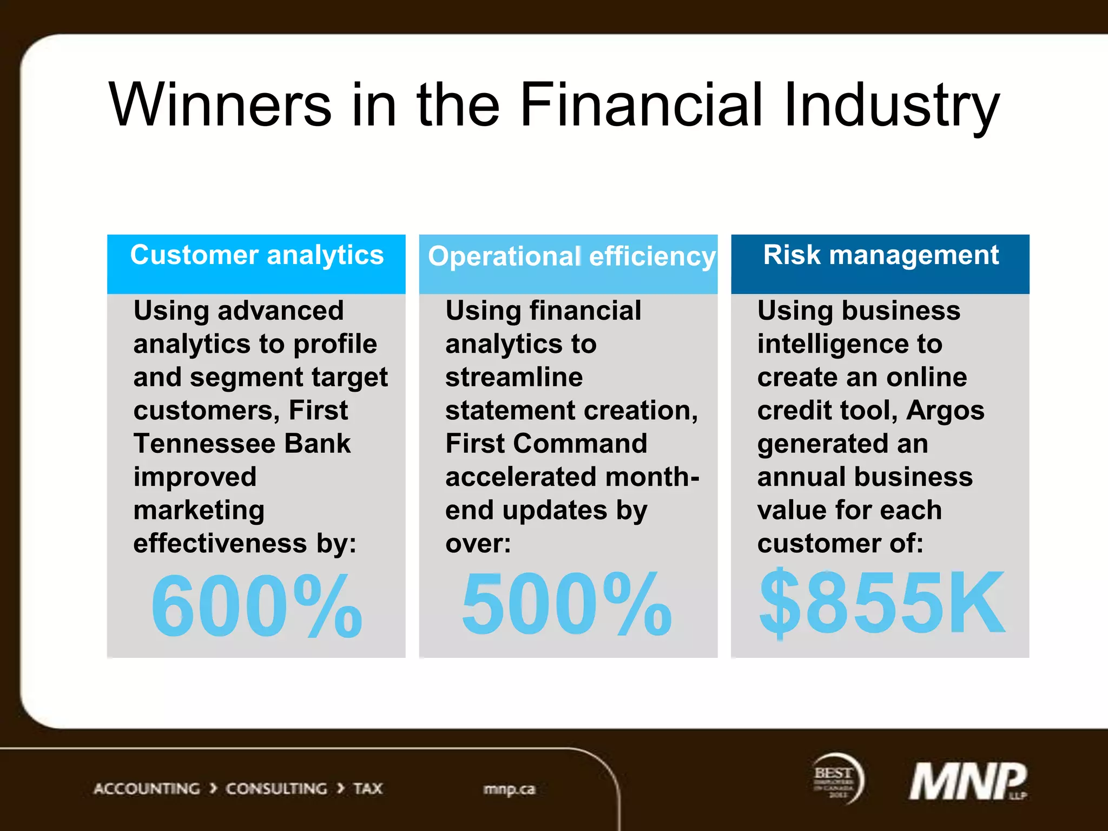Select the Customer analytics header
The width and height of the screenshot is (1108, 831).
coord(256,255)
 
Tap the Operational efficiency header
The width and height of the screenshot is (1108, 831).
coord(571,256)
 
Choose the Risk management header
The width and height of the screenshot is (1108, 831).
coord(880,255)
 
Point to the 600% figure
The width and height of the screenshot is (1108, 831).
coord(256,605)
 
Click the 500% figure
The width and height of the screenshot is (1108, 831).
coord(566,604)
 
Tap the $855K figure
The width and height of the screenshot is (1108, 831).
coord(881,603)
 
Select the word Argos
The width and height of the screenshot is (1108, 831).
coord(945,411)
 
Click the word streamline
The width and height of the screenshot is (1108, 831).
coord(514,377)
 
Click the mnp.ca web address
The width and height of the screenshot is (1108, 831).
coord(509,789)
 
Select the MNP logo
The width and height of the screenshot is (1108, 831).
coord(968,781)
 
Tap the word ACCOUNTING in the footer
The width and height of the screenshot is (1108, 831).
coord(147,789)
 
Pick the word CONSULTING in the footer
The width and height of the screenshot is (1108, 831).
coord(276,789)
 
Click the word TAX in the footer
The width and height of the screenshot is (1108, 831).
coord(368,789)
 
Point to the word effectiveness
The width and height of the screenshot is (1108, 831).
coord(220,544)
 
